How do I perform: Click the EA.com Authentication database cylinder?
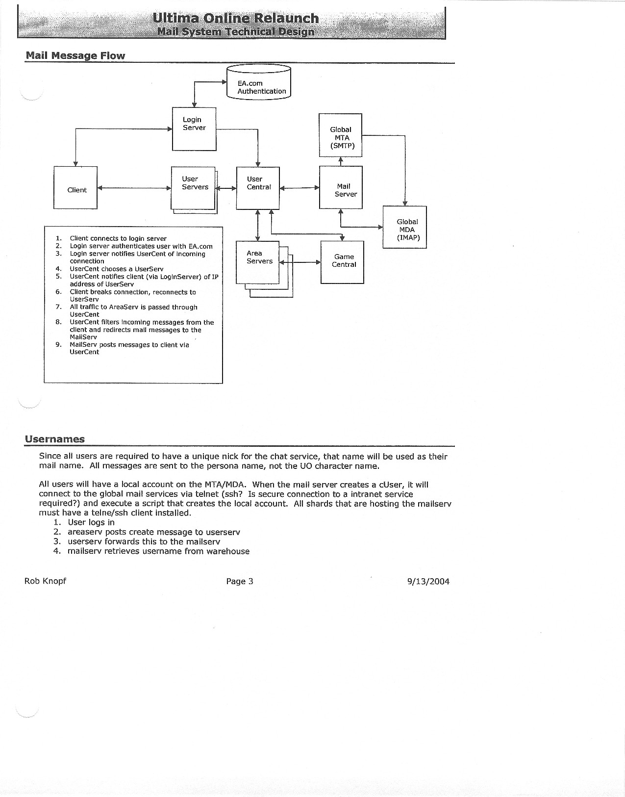coord(258,83)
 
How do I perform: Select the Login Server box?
coord(194,129)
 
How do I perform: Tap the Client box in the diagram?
coord(75,188)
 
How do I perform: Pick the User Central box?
coord(258,188)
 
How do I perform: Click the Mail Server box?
coord(341,188)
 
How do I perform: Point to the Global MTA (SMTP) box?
coord(341,135)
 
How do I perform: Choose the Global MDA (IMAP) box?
coord(404,227)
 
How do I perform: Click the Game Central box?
coord(342,262)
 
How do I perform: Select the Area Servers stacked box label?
coord(259,257)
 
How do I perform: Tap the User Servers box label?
coord(195,183)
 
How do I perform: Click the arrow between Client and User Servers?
coord(134,188)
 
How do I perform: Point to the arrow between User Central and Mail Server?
coord(299,187)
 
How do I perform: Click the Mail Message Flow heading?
coord(75,55)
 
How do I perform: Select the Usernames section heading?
coord(55,439)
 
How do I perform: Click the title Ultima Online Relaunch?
coord(236,19)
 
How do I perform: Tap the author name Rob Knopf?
coord(45,581)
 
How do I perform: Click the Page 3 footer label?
coord(239,581)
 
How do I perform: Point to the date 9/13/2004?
coord(428,582)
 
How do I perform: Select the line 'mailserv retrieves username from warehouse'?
coord(158,551)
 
